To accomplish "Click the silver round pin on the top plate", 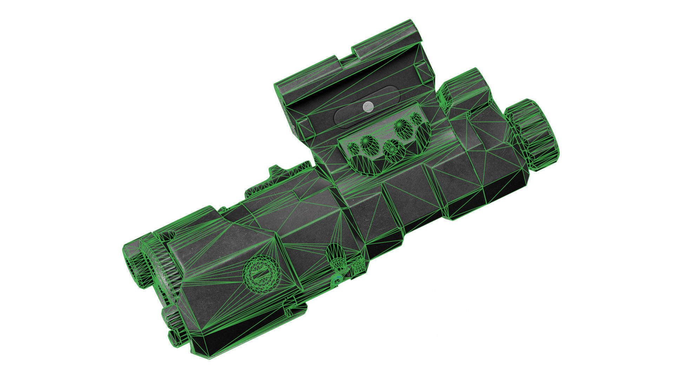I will [368, 106].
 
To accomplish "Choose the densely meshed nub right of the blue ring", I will [358, 267].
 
